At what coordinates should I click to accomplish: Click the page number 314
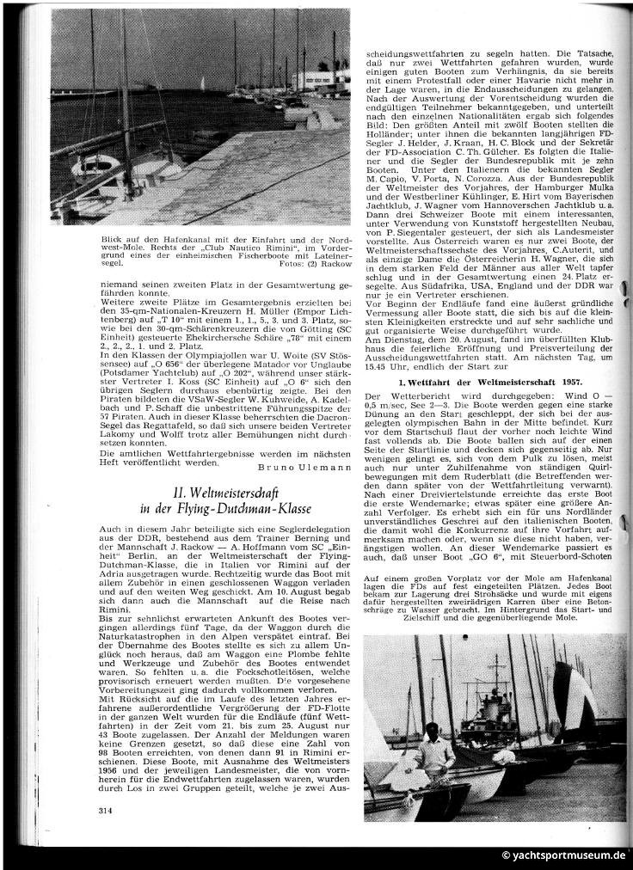(107, 809)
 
